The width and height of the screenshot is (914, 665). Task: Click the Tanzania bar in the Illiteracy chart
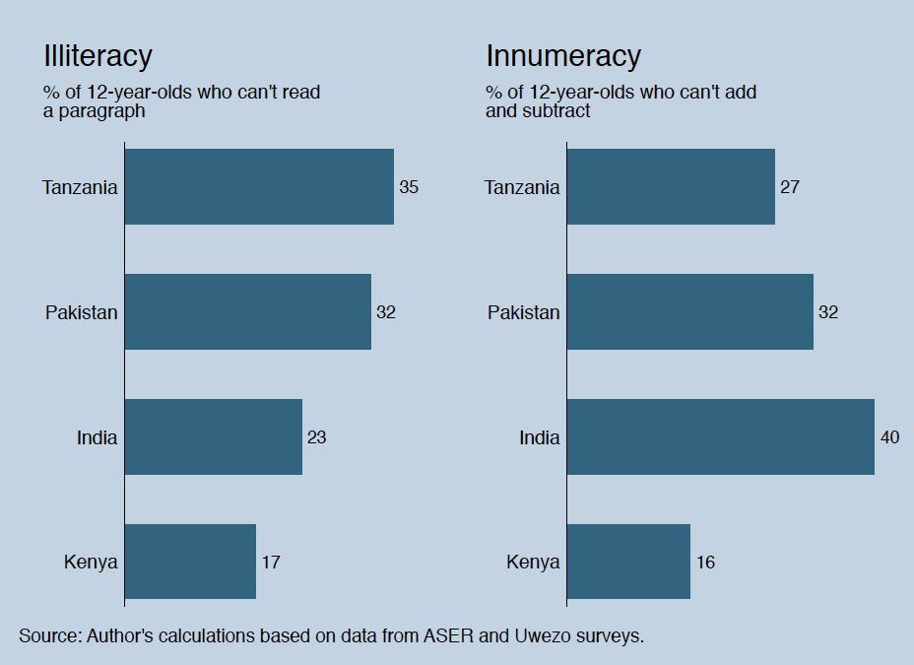[259, 187]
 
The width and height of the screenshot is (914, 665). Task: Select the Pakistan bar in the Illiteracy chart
[247, 312]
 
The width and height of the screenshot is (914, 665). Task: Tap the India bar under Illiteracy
[213, 437]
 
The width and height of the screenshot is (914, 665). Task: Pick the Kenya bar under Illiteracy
[190, 563]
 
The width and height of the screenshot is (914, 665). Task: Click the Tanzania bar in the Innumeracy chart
[671, 187]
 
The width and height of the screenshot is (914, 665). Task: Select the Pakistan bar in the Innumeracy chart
[689, 312]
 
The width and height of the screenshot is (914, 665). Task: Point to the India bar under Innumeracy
[720, 437]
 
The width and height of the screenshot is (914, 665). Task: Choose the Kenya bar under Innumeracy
[628, 563]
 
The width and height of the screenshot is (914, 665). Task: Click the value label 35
[409, 187]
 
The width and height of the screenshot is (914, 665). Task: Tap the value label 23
[316, 437]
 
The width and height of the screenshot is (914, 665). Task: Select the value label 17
[271, 563]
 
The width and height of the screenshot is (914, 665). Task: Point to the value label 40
[889, 437]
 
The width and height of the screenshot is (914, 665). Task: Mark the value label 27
[790, 187]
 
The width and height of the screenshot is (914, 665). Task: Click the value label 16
[705, 563]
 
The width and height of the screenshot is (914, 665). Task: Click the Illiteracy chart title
[98, 56]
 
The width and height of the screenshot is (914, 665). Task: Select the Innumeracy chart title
[563, 56]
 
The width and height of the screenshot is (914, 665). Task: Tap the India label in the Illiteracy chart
[97, 437]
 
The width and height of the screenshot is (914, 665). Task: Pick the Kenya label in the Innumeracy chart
[533, 563]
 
